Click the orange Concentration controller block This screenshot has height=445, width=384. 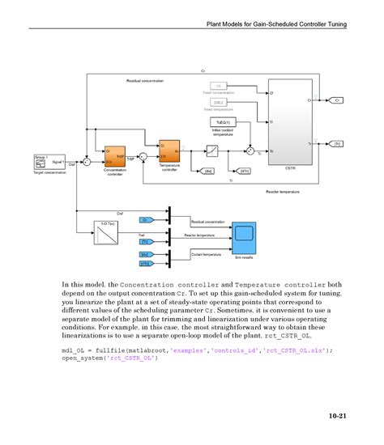[114, 155]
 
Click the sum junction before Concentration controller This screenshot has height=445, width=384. [87, 158]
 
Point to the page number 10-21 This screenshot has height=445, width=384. [337, 416]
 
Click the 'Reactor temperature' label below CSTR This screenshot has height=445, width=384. [282, 192]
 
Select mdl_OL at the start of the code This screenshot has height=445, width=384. [74, 350]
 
